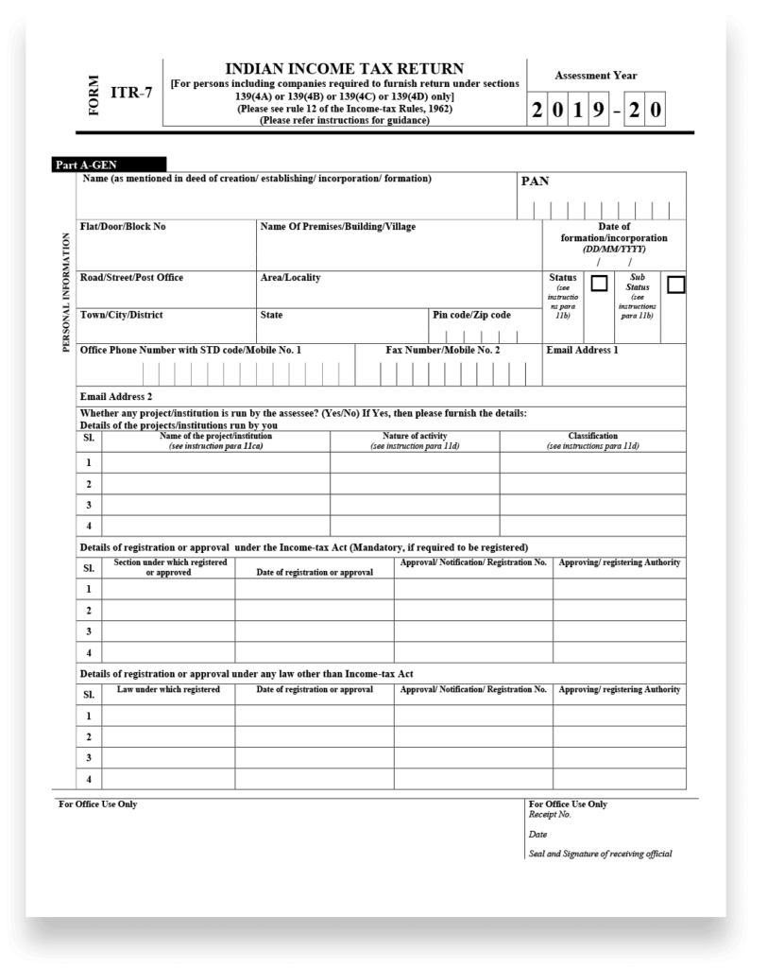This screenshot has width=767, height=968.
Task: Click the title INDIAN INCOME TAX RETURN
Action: click(x=344, y=69)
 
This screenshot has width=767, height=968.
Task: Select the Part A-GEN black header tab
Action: click(x=109, y=164)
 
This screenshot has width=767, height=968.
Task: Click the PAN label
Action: click(x=535, y=181)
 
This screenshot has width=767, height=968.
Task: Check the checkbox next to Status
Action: click(x=599, y=284)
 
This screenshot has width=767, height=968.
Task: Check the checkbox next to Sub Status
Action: click(x=675, y=284)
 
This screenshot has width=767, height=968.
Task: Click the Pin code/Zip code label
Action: click(x=471, y=315)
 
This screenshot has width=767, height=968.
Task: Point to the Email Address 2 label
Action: click(x=116, y=396)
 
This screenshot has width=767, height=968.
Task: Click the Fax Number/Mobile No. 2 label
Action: click(x=443, y=350)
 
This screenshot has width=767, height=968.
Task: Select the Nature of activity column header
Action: click(x=415, y=441)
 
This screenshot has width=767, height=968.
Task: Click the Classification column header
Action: click(x=592, y=441)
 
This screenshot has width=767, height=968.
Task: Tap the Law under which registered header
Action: click(x=168, y=689)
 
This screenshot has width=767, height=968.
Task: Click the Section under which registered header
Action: click(x=169, y=567)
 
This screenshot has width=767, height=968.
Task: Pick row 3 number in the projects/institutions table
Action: click(x=89, y=505)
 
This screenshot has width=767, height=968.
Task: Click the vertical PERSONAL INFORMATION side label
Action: click(x=66, y=292)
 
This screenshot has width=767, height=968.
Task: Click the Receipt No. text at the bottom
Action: click(x=550, y=814)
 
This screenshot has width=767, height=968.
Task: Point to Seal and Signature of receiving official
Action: click(x=600, y=854)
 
